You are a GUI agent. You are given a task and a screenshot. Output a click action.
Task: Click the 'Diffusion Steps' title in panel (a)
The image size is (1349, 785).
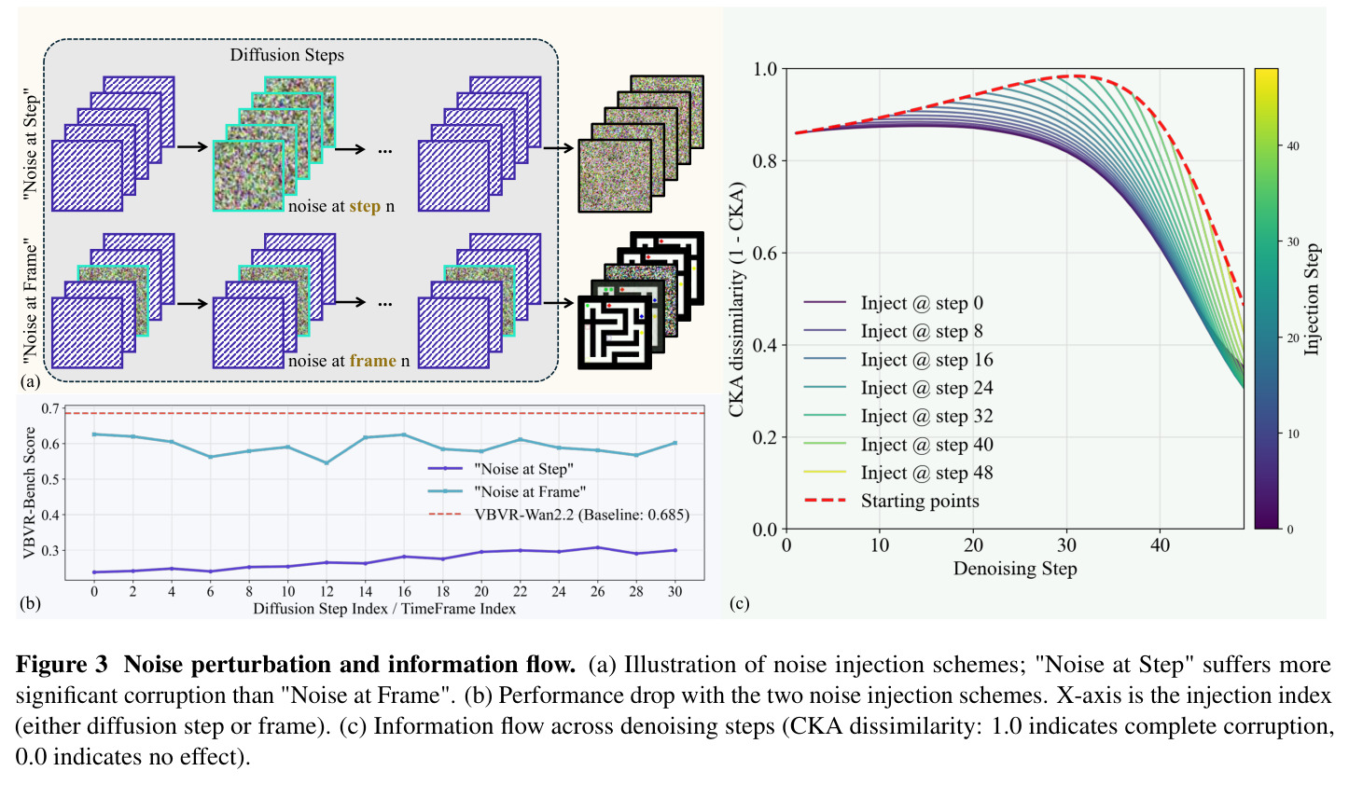pyautogui.click(x=286, y=55)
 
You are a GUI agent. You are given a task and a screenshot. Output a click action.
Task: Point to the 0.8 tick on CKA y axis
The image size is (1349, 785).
pyautogui.click(x=765, y=160)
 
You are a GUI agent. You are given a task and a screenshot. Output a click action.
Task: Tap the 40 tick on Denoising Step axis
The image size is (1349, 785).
pyautogui.click(x=1160, y=545)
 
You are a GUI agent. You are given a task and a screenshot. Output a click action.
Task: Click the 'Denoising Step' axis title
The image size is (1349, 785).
pyautogui.click(x=1015, y=569)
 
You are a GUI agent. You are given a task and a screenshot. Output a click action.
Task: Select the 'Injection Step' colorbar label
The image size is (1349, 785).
pyautogui.click(x=1313, y=298)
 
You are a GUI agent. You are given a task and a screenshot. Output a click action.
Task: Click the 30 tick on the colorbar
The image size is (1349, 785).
pyautogui.click(x=1292, y=242)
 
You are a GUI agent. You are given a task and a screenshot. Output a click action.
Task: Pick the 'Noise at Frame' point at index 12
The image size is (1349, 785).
pyautogui.click(x=327, y=463)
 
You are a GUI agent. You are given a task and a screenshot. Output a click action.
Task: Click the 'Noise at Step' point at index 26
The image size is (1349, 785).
pyautogui.click(x=597, y=547)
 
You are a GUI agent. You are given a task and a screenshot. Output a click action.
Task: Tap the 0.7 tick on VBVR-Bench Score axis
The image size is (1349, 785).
pyautogui.click(x=50, y=408)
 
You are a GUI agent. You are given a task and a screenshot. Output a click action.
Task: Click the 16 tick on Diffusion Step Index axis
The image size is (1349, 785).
pyautogui.click(x=404, y=592)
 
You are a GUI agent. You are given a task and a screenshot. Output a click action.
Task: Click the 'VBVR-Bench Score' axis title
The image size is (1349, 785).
pyautogui.click(x=29, y=492)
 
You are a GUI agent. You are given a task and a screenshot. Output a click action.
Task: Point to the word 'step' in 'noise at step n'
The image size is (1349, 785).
pyautogui.click(x=365, y=206)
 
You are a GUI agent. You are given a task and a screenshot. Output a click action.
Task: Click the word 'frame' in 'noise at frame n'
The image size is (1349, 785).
pyautogui.click(x=373, y=361)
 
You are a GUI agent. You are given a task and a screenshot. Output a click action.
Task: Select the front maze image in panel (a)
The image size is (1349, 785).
pyautogui.click(x=614, y=332)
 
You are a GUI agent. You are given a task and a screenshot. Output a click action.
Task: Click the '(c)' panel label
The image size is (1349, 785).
pyautogui.click(x=739, y=603)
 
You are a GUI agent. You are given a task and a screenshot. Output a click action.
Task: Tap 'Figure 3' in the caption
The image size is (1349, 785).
pyautogui.click(x=62, y=665)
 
